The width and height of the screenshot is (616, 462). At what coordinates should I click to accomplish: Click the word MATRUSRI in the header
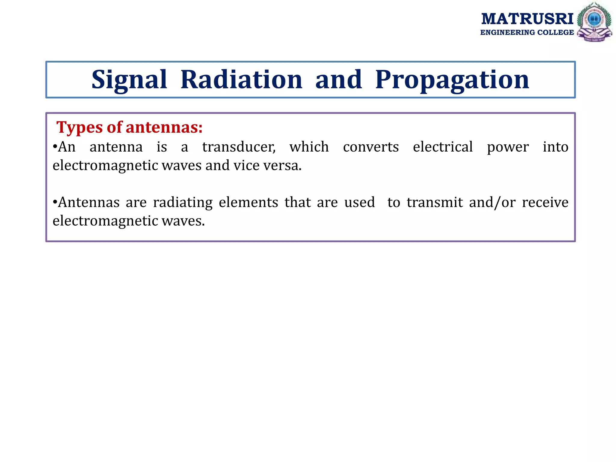click(527, 19)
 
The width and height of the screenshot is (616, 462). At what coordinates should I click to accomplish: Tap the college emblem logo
click(594, 22)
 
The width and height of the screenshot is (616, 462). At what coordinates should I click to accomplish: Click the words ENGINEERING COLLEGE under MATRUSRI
click(527, 32)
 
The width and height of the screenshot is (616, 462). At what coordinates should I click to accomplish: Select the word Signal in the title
click(129, 80)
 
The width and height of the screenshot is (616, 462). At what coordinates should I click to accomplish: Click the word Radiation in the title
click(241, 80)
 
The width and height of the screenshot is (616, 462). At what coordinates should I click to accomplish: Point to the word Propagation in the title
click(452, 80)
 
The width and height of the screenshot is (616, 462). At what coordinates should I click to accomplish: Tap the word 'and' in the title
click(338, 80)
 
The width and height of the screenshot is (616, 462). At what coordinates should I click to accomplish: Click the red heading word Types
click(79, 128)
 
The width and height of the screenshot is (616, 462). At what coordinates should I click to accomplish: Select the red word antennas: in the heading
click(164, 128)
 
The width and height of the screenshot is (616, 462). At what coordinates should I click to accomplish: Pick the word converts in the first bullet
click(371, 147)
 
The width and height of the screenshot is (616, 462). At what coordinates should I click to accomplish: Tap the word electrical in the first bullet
click(443, 147)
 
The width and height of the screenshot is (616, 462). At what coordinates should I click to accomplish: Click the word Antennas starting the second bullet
click(89, 202)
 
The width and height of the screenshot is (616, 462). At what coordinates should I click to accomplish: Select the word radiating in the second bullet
click(183, 203)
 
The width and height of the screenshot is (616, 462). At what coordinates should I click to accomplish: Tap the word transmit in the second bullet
click(435, 202)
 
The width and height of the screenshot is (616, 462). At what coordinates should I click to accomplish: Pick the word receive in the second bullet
click(545, 202)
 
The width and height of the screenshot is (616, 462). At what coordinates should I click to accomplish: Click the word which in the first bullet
click(309, 147)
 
